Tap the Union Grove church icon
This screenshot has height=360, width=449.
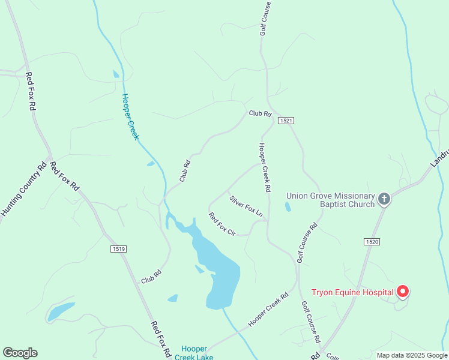(x=384, y=199)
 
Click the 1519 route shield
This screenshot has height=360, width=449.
(x=119, y=248)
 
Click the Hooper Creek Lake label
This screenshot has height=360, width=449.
(x=194, y=353)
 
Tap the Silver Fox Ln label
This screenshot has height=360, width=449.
(x=246, y=205)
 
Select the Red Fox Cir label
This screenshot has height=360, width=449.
(x=221, y=223)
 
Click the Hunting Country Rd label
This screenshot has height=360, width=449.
(x=23, y=190)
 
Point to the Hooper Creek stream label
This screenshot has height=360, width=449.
(x=130, y=116)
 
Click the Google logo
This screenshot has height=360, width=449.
(x=20, y=353)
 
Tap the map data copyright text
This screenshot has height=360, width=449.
(x=412, y=355)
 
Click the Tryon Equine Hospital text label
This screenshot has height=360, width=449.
(x=352, y=293)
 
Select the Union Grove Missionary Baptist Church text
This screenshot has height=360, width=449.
(x=330, y=199)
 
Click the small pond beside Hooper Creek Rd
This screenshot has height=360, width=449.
(x=288, y=207)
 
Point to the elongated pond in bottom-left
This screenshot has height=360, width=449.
(x=61, y=311)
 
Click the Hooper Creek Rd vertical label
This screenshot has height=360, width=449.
(x=264, y=167)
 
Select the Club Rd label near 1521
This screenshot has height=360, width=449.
(x=261, y=113)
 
